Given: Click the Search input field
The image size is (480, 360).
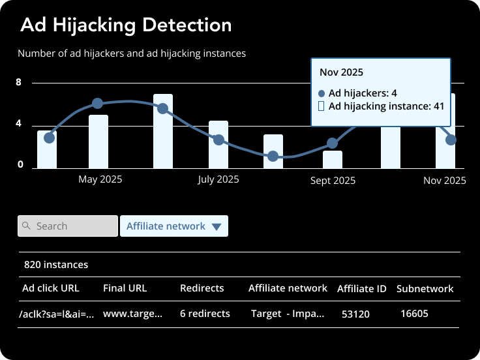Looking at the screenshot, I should [68, 226].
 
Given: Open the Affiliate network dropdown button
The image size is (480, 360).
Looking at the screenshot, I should [174, 226].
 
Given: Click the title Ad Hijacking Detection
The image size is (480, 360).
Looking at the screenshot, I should [126, 25].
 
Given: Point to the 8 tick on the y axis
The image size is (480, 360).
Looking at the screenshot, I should [19, 83].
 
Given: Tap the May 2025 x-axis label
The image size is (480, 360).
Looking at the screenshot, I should [100, 179].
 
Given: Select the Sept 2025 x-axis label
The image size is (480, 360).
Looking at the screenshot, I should [333, 181].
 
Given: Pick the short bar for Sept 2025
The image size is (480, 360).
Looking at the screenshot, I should [333, 159].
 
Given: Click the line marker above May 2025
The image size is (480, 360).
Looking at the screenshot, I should [98, 103].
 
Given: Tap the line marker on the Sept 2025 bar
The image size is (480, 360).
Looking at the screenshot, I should [333, 143].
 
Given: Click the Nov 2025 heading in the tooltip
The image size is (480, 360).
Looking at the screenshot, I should [341, 72].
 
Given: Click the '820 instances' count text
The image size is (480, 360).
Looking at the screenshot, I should [56, 265].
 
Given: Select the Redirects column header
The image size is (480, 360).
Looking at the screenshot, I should [202, 288].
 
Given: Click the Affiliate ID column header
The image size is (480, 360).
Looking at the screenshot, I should [362, 288].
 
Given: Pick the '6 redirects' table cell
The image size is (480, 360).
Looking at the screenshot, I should [205, 314].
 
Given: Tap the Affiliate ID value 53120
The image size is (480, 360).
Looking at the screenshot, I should [355, 314].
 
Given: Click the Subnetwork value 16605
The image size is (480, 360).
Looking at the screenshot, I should [414, 314].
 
